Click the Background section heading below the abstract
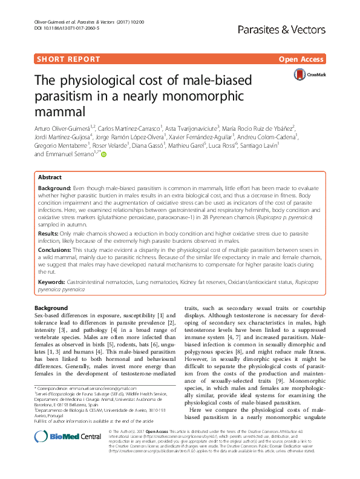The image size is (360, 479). (x=51, y=308)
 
